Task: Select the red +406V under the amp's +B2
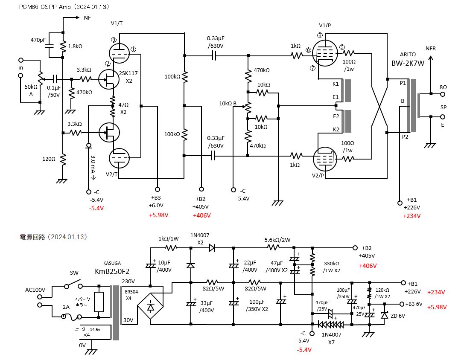(x=201, y=215)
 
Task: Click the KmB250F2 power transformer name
(x=112, y=271)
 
